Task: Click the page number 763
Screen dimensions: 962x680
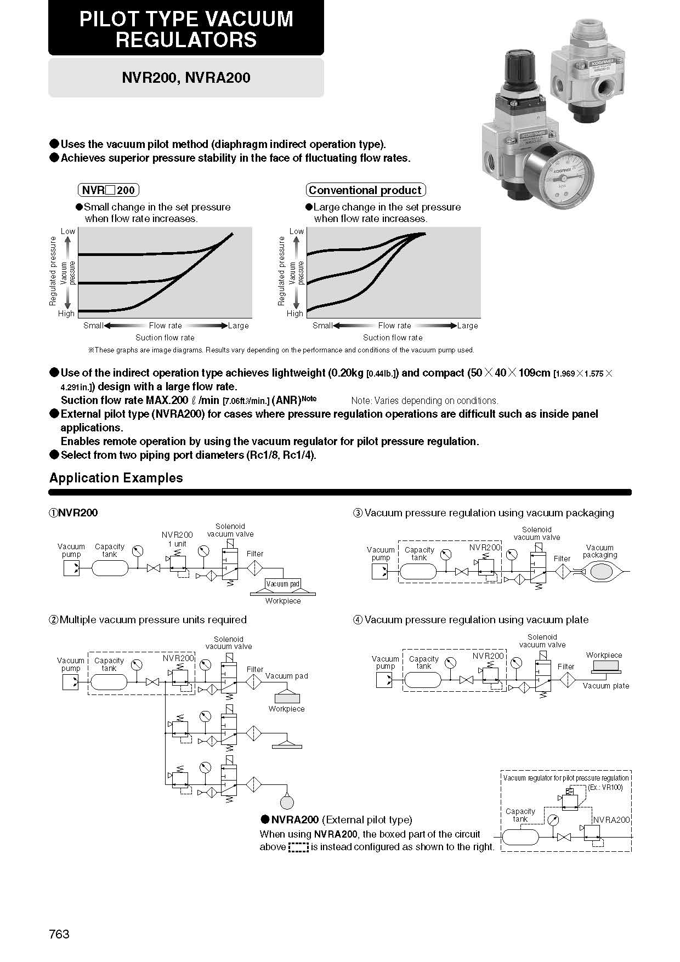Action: click(59, 934)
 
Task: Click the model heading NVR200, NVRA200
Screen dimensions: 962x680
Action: click(186, 78)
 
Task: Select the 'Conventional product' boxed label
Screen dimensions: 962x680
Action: click(365, 190)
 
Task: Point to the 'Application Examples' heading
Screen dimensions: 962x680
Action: click(116, 478)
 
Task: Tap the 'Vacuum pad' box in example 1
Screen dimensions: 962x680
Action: click(283, 584)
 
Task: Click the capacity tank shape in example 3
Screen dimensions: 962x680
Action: click(418, 572)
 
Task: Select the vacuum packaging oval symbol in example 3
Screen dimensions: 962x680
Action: click(599, 572)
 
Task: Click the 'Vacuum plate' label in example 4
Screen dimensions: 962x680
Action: click(606, 686)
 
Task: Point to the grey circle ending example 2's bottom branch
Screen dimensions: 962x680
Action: click(287, 802)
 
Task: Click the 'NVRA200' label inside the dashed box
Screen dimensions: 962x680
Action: click(611, 820)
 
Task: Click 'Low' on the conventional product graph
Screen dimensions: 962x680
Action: click(297, 231)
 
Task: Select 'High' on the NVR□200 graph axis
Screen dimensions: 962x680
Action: click(66, 314)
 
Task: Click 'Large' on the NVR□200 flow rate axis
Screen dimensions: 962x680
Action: click(239, 326)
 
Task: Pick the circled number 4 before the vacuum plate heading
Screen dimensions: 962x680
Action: click(358, 620)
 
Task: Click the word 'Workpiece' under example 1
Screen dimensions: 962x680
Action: click(283, 601)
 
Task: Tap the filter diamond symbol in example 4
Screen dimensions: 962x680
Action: click(567, 680)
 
